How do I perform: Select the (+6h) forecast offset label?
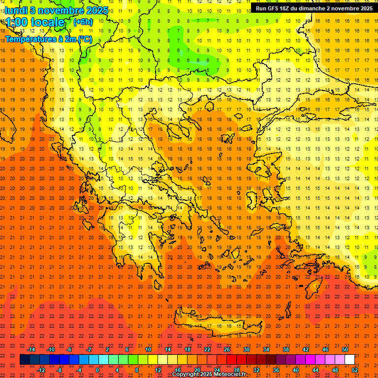tap(82, 22)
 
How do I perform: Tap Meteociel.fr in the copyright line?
tap(229, 375)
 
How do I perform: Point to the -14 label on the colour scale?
tap(31, 349)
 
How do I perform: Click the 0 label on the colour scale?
tap(97, 370)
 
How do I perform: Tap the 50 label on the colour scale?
tap(345, 349)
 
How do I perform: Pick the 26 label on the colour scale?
tap(227, 349)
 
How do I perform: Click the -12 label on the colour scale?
tap(41, 370)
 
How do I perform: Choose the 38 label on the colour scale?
tap(286, 349)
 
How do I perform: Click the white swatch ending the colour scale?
tap(349, 360)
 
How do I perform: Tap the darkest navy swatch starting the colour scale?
tap(25, 360)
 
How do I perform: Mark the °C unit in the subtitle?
tap(85, 39)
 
